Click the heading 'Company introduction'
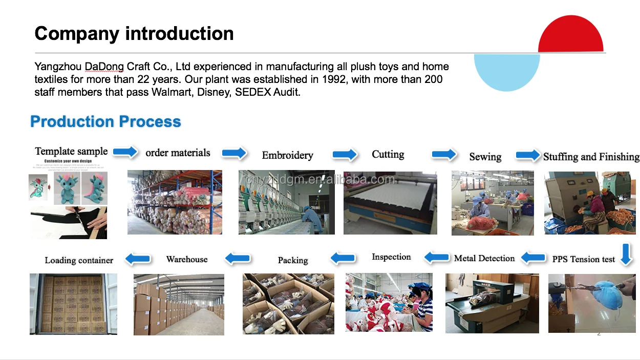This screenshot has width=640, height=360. pos(134,34)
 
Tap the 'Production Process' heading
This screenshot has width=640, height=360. pos(105,121)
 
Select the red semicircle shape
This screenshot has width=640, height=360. pos(570,36)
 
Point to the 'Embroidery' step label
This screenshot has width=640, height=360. pos(287,155)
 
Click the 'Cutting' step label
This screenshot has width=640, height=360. pos(388,154)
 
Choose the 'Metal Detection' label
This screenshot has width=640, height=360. pos(484,258)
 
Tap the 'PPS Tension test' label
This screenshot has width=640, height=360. pos(583,259)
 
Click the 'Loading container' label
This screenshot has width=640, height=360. pos(79,260)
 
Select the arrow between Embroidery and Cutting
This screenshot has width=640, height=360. pos(344,154)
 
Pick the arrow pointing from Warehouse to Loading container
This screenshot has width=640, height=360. pos(138,259)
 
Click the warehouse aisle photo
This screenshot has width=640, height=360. pos(179,304)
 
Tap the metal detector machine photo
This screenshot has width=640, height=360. pos(492,303)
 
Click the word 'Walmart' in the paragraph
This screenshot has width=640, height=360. pos(172,92)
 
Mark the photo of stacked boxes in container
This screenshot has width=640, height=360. pos(73,304)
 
